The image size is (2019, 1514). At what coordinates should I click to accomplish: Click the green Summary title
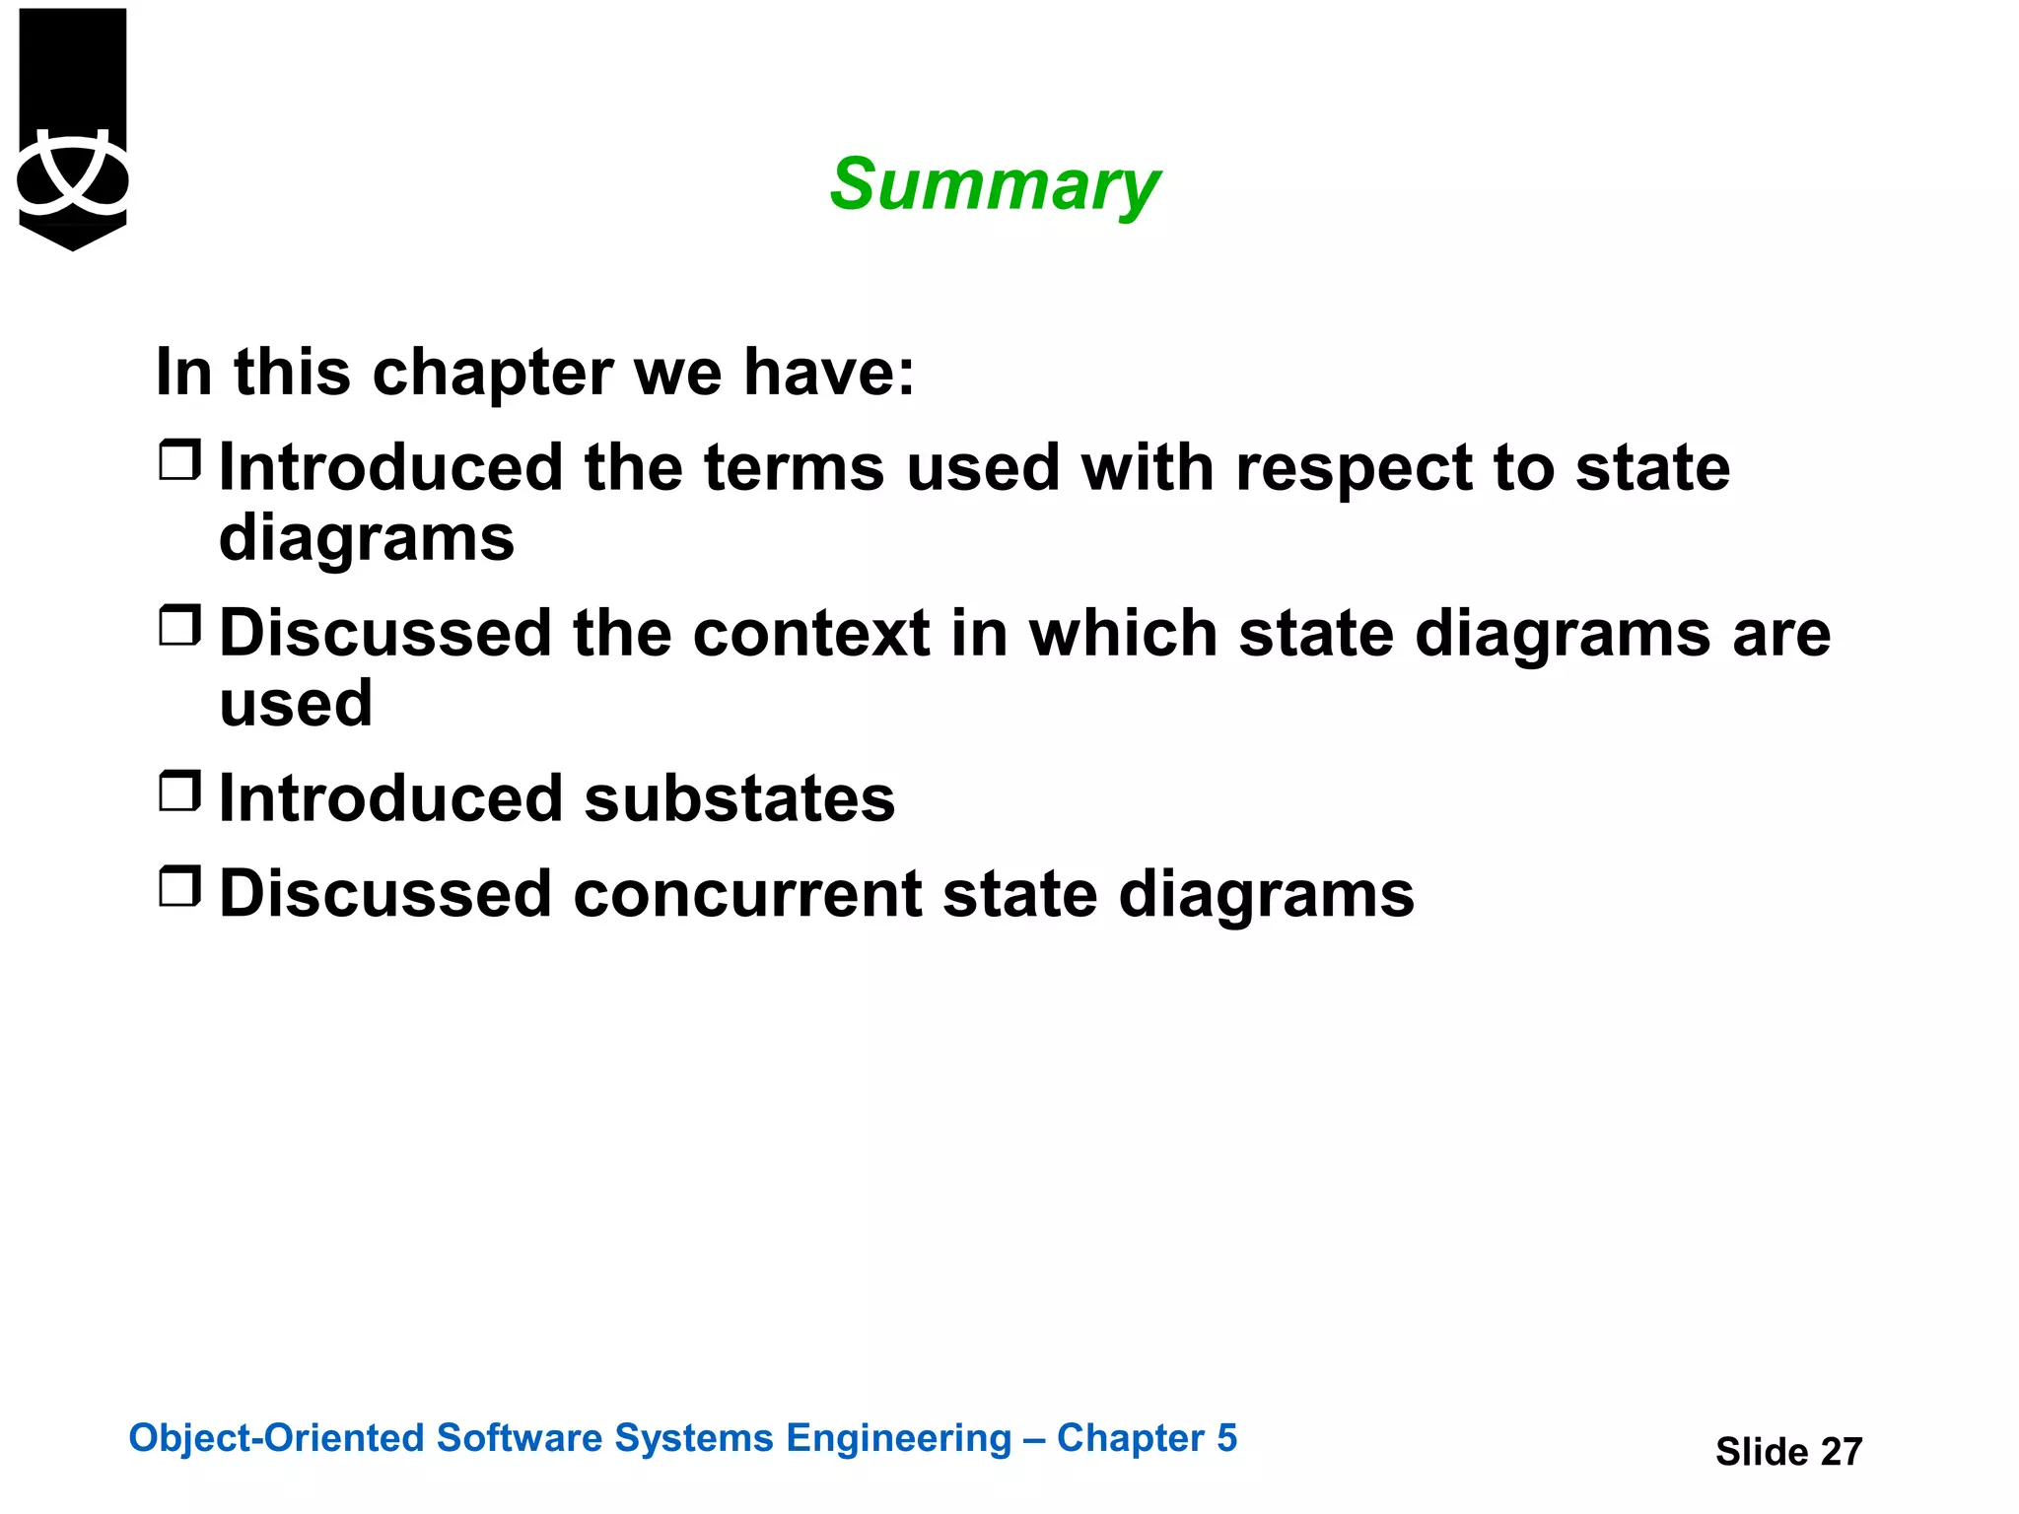(x=994, y=185)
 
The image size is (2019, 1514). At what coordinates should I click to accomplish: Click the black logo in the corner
(x=73, y=128)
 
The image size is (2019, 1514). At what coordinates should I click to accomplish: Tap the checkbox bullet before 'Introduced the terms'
(x=179, y=460)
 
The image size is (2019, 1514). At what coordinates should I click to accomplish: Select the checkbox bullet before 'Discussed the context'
(x=179, y=626)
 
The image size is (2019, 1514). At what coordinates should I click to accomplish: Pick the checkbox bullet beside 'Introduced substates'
(x=179, y=791)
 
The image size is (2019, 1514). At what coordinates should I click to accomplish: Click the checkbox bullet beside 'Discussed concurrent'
(x=179, y=887)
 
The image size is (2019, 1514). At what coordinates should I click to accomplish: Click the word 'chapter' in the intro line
(x=492, y=375)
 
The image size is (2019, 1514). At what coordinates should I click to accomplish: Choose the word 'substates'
(x=739, y=798)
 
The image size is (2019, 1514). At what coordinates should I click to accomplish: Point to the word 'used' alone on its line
(x=296, y=704)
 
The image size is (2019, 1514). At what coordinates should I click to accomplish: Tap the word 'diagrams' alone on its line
(x=366, y=540)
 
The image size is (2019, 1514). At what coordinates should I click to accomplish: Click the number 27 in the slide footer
(x=1841, y=1452)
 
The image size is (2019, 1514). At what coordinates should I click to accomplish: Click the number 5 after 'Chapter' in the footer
(x=1226, y=1438)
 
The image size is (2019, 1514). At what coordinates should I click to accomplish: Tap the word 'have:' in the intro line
(x=828, y=373)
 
